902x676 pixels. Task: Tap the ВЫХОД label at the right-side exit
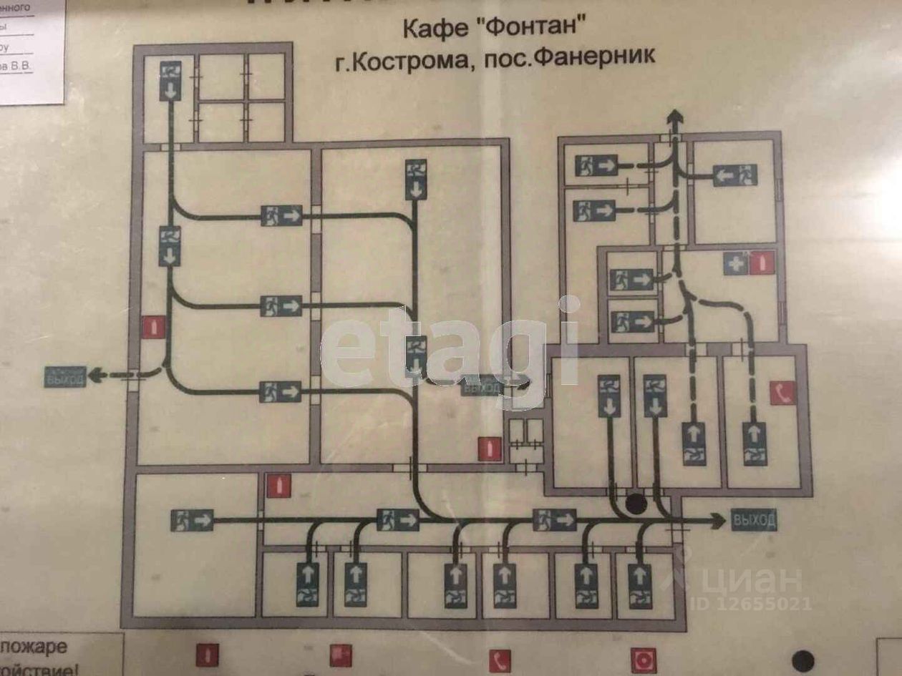tap(753, 520)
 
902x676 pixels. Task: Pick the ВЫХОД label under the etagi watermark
tap(482, 387)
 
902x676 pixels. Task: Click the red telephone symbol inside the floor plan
tap(783, 392)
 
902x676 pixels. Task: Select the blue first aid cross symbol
tap(735, 263)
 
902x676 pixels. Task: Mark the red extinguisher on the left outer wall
tap(154, 327)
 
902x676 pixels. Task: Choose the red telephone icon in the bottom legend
tap(500, 660)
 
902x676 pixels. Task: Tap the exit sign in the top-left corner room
tap(170, 80)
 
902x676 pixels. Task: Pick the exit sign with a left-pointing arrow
tap(735, 174)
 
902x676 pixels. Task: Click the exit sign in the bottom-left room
tap(192, 519)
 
